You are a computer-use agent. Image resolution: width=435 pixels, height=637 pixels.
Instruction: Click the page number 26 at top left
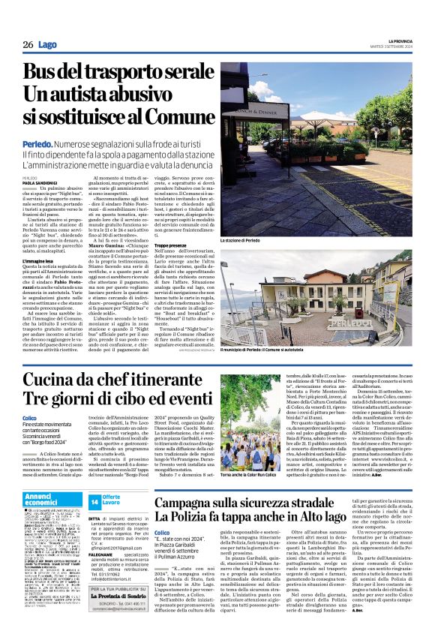(28, 45)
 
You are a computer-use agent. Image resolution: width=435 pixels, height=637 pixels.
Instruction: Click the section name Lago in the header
(47, 45)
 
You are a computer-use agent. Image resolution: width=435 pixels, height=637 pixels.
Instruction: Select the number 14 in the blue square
(94, 479)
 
